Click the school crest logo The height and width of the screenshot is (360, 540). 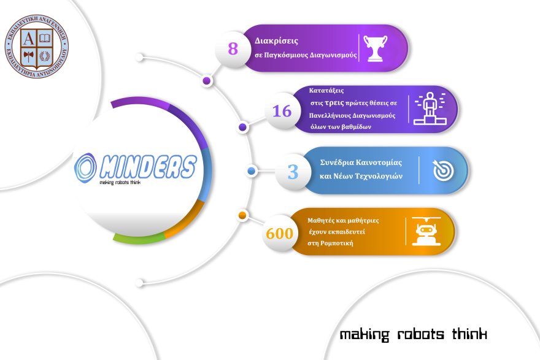click(36, 47)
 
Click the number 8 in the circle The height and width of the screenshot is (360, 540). click(233, 48)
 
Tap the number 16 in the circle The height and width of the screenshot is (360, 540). click(282, 111)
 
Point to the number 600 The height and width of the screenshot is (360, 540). click(279, 233)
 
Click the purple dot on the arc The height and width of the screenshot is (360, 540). click(207, 80)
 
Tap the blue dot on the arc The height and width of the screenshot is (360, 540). click(251, 170)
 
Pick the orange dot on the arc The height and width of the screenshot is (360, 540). click(242, 215)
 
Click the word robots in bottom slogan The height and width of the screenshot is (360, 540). click(418, 334)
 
